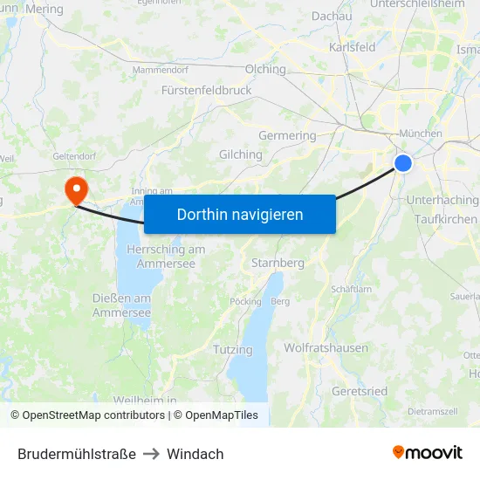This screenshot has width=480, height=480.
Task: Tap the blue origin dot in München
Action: point(403,162)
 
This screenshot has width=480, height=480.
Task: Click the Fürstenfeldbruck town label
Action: point(207,90)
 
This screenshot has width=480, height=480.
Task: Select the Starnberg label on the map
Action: point(278,263)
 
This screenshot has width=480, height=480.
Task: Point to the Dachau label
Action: point(332,16)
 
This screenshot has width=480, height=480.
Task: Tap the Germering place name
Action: point(287,135)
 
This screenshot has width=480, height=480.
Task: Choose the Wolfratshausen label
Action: point(326,347)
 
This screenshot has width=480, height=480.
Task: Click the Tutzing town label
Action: point(232,349)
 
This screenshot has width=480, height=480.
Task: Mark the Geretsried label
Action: point(360,391)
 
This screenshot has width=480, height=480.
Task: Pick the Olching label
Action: point(265,69)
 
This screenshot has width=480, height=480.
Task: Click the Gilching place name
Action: point(241,154)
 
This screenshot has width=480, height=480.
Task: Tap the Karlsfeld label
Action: point(352,47)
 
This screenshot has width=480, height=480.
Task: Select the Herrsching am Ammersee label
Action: point(166,257)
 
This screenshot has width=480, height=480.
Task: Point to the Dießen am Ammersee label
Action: point(121,305)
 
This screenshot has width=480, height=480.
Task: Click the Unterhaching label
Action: point(442,200)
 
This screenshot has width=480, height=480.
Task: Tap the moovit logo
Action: point(427,452)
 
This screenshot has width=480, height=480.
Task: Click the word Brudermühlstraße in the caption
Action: point(77,454)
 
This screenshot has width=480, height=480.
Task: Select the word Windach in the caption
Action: point(195,454)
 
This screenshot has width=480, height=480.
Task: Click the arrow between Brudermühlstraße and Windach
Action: point(152,454)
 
